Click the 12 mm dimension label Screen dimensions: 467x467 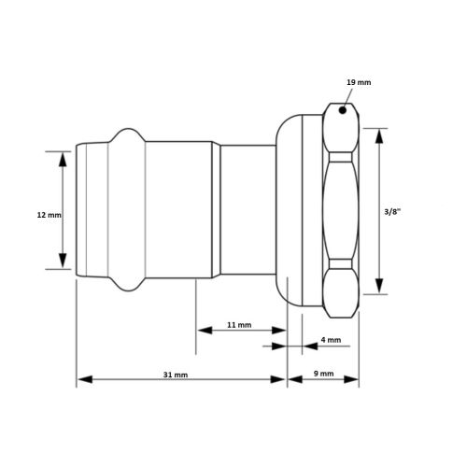click(48, 215)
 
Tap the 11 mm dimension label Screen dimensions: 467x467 click(238, 325)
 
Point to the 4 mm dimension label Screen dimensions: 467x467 click(330, 340)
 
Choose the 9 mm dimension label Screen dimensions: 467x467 click(323, 375)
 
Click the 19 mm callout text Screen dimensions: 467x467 click(358, 83)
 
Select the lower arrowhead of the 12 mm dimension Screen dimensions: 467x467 click(62, 264)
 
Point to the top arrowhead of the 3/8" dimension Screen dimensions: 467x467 click(379, 134)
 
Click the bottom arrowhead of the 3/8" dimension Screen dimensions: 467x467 click(379, 289)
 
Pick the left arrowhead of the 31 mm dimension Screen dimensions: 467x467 click(80, 379)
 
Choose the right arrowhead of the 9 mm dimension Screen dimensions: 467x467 click(356, 379)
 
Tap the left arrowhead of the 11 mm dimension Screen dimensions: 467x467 click(199, 330)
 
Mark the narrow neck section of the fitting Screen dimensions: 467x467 click(247, 210)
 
